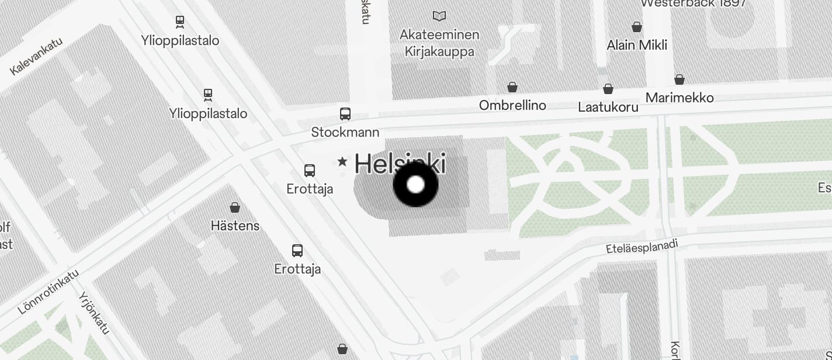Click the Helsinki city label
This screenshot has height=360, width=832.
coord(400,163)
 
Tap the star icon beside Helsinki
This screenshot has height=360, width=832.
coord(342,161)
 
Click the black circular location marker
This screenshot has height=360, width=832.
coord(415,185)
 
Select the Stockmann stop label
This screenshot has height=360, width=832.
coord(345,132)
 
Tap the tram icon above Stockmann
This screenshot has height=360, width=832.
coord(345,113)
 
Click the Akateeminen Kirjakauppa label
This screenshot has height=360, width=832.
coord(439,43)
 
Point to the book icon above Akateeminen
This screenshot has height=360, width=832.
coord(439,16)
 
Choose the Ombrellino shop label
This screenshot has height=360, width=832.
coord(512,105)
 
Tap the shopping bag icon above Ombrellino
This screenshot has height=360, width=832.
coord(512,88)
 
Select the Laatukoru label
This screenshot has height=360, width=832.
coord(608,107)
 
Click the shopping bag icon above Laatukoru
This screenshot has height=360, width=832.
coord(608,89)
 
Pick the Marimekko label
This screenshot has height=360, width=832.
coord(680,98)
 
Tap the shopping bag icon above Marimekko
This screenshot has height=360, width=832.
coord(680,79)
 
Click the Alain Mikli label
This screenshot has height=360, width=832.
coord(637,45)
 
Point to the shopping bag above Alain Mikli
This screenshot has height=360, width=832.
coord(637,27)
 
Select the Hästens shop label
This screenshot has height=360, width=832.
coord(235,226)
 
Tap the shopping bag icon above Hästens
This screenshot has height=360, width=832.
coord(235,207)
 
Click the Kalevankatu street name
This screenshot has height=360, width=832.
coord(36,57)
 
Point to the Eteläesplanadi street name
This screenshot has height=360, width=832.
coord(642,247)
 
